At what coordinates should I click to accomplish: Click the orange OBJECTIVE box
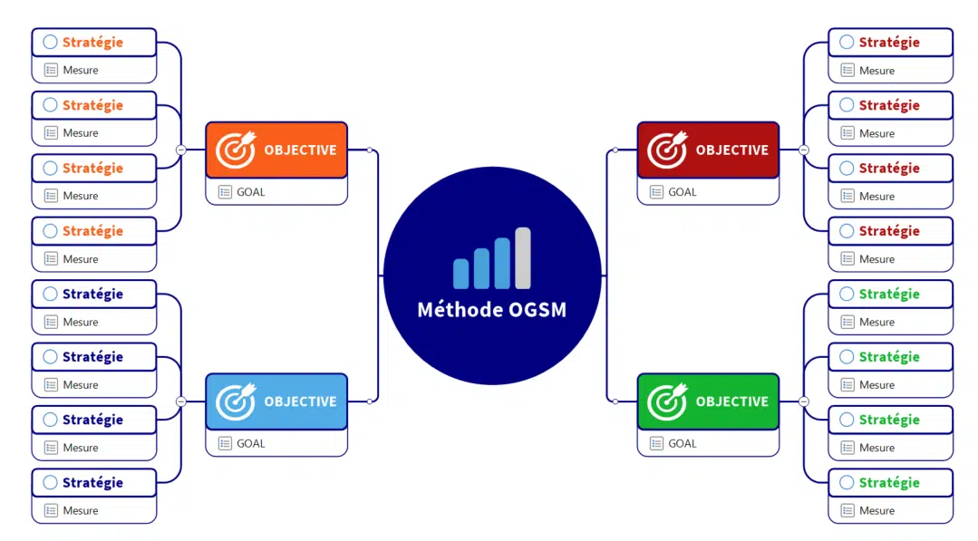pyautogui.click(x=276, y=150)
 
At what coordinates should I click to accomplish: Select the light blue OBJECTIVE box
pyautogui.click(x=276, y=401)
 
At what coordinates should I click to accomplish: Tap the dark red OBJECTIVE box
pyautogui.click(x=708, y=150)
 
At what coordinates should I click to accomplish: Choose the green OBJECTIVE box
pyautogui.click(x=708, y=401)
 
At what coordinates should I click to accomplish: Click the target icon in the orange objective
pyautogui.click(x=236, y=150)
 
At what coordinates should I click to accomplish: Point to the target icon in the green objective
pyautogui.click(x=667, y=401)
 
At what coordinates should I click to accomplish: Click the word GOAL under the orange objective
pyautogui.click(x=251, y=192)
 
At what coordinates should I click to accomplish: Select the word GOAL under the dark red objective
pyautogui.click(x=683, y=192)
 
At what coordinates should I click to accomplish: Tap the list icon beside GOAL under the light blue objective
pyautogui.click(x=225, y=443)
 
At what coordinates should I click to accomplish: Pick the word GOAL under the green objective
pyautogui.click(x=683, y=443)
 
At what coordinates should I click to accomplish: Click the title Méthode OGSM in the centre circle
pyautogui.click(x=491, y=310)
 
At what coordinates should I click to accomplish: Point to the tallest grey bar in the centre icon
pyautogui.click(x=523, y=257)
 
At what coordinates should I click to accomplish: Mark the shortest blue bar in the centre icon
pyautogui.click(x=461, y=274)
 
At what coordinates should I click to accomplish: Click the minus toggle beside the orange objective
pyautogui.click(x=180, y=150)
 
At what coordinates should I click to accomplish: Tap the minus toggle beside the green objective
pyautogui.click(x=804, y=401)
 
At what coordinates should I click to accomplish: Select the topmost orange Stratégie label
pyautogui.click(x=92, y=43)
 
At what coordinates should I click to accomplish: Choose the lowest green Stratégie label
pyautogui.click(x=889, y=483)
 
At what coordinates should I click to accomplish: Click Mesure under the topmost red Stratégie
pyautogui.click(x=876, y=71)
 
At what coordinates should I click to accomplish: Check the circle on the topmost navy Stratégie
pyautogui.click(x=51, y=295)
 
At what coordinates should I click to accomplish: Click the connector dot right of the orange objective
pyautogui.click(x=370, y=150)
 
